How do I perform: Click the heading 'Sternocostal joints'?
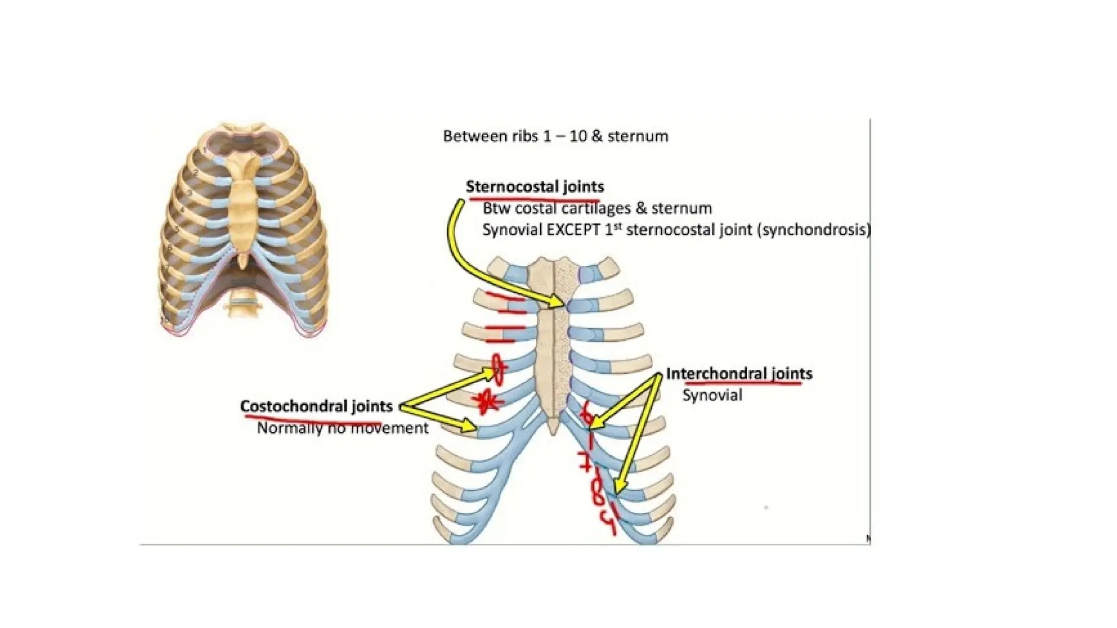535,187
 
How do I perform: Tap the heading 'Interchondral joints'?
739,374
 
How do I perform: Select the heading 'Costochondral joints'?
316,407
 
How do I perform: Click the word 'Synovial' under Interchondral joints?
712,395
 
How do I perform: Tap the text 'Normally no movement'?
343,428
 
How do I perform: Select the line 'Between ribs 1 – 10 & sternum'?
555,136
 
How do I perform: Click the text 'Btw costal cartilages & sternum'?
597,208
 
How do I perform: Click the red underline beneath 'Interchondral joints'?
742,384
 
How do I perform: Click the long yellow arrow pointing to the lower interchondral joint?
635,436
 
